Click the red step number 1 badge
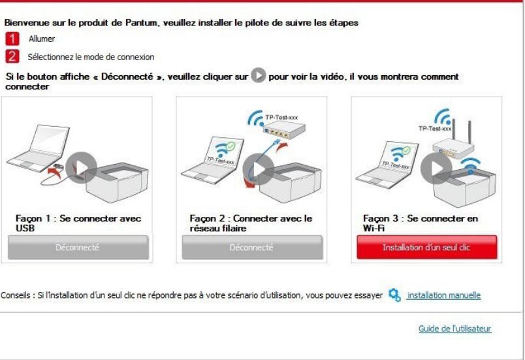tap(10, 39)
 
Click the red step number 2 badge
tap(10, 57)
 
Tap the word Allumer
tap(42, 39)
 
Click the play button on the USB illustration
tap(82, 168)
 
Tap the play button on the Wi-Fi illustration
tap(436, 168)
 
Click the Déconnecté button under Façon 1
tap(78, 248)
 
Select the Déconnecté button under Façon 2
tap(252, 248)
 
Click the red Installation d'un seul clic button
tap(426, 248)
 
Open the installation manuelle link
tap(443, 295)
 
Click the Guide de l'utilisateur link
tap(454, 329)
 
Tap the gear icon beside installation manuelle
tap(394, 295)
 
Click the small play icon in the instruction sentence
tap(258, 76)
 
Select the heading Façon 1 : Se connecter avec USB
tap(78, 222)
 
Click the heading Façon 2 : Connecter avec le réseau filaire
tap(251, 222)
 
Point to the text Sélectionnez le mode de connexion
tap(91, 57)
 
